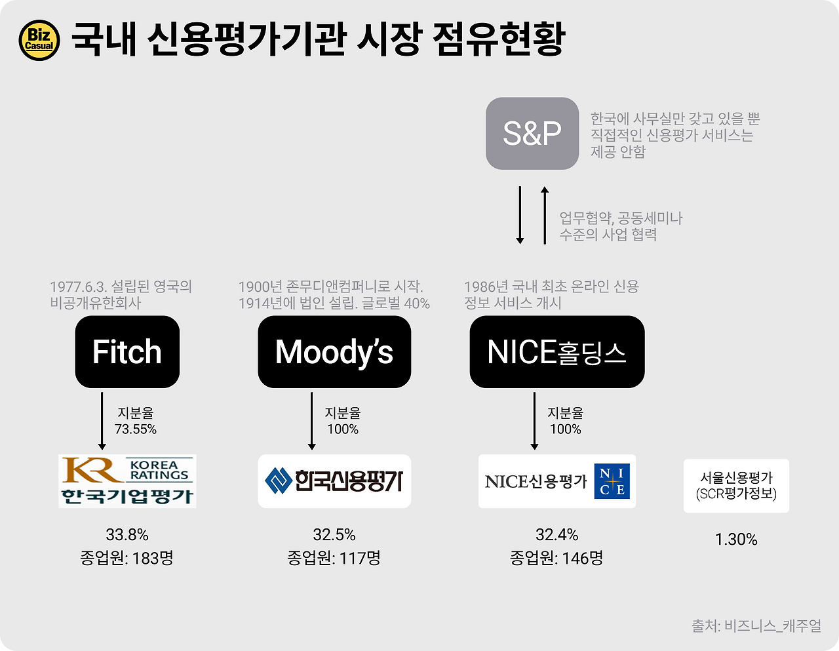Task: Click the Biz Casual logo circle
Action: [39, 41]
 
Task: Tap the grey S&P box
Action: [532, 133]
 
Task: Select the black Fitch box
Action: [127, 352]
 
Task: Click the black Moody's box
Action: [334, 352]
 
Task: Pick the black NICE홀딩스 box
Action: [556, 352]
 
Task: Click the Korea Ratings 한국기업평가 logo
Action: [127, 481]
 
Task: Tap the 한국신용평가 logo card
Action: [334, 481]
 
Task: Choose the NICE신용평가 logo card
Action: [556, 481]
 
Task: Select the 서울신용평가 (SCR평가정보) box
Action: [736, 486]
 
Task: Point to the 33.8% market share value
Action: [127, 535]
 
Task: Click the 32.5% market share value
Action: [334, 535]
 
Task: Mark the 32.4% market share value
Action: [556, 535]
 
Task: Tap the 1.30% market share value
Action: [736, 540]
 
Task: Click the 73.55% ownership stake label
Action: [136, 429]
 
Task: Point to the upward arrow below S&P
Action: [544, 215]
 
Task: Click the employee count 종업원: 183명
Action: [127, 559]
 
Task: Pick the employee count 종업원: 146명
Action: [556, 559]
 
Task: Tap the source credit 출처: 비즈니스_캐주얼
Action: [756, 626]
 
